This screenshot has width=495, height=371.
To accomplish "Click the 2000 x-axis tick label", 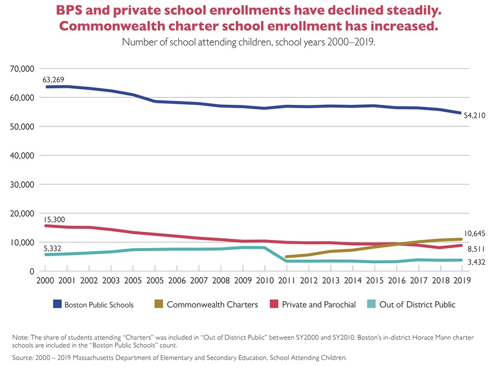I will coord(45,281).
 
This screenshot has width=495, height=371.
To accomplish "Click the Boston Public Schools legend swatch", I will coord(56,304).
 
